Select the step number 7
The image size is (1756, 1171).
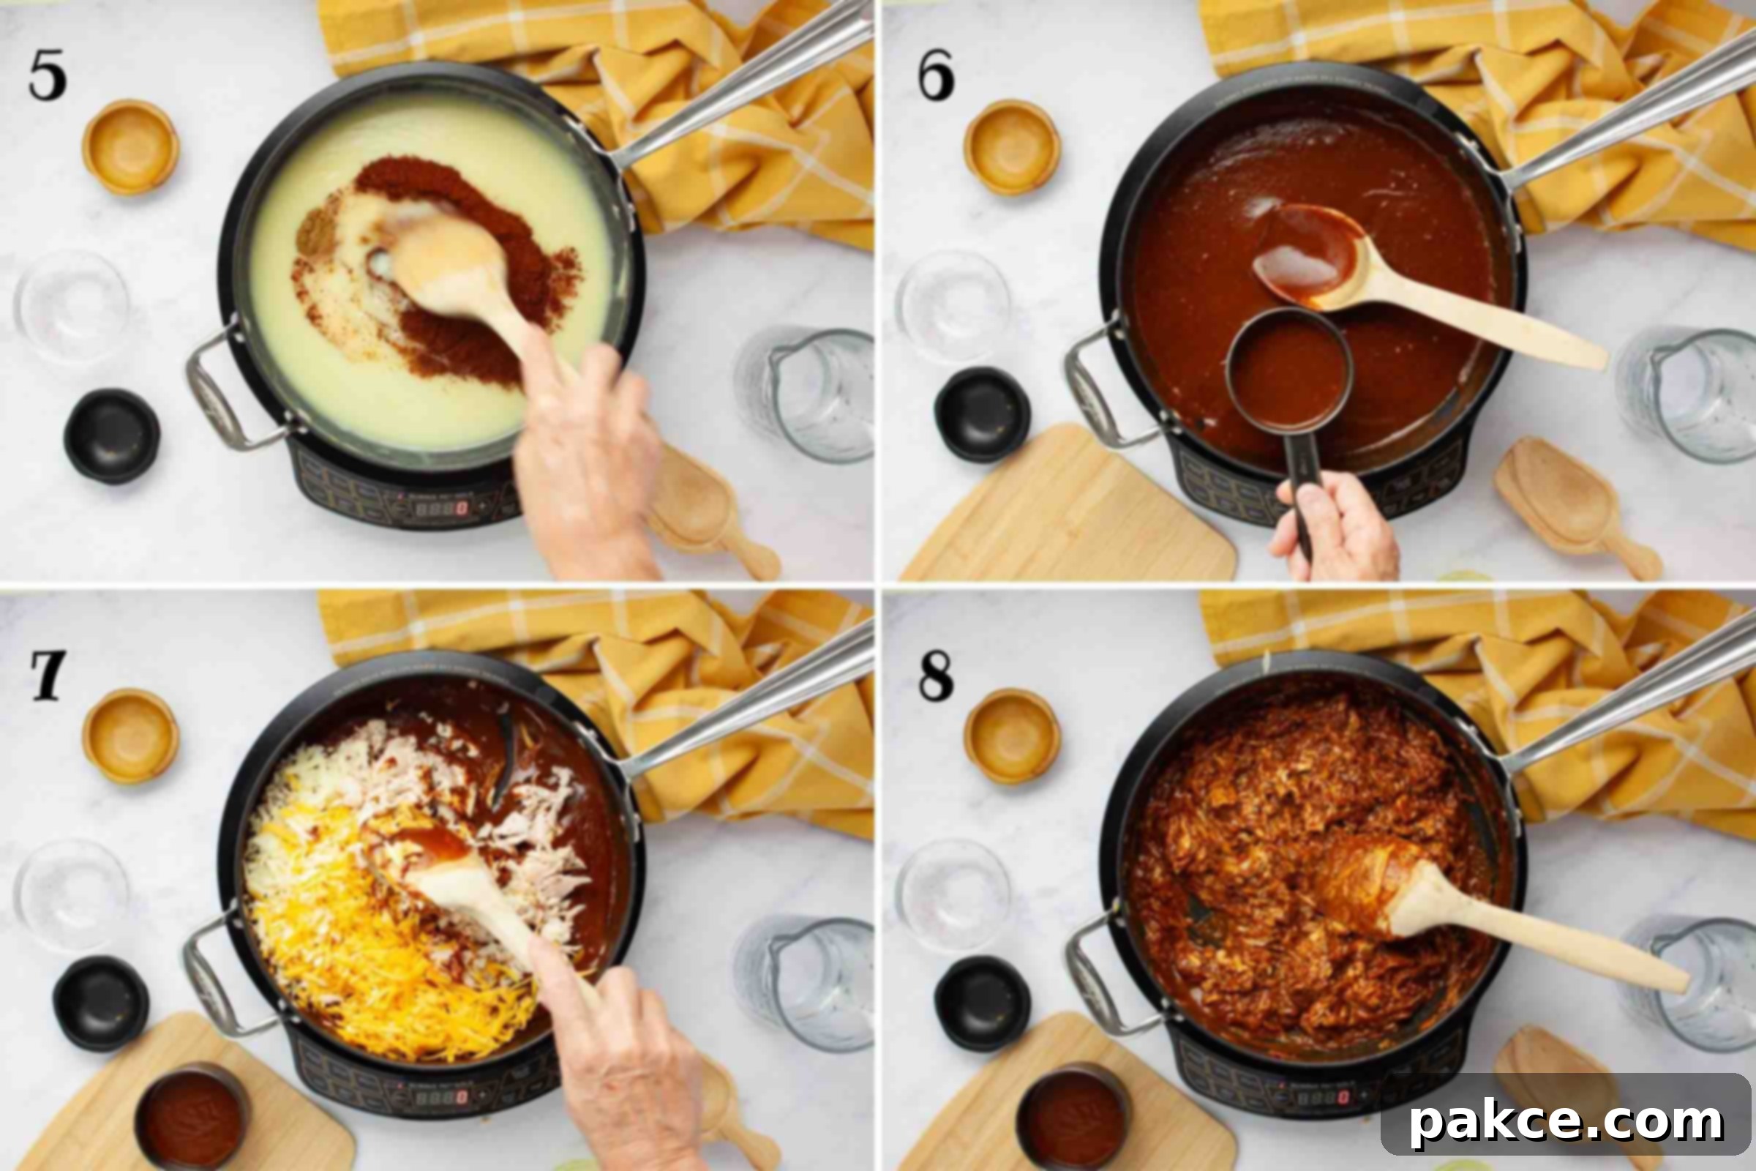48,675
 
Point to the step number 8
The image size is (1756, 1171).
937,675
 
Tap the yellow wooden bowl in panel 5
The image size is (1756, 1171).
131,147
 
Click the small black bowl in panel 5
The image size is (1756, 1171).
112,435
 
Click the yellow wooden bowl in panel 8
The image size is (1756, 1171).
1012,736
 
